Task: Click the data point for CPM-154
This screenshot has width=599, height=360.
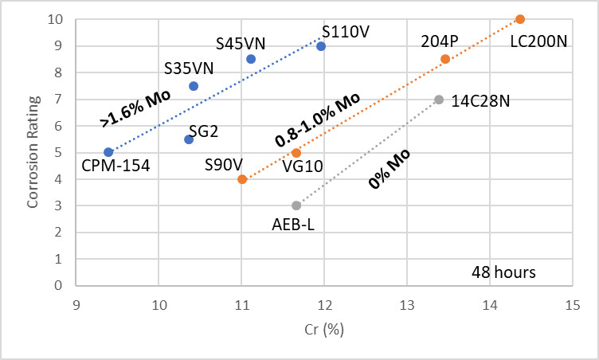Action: click(108, 152)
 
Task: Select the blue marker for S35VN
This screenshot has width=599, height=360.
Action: click(194, 86)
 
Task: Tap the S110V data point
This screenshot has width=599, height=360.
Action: click(321, 46)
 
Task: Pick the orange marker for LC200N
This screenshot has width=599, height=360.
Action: click(520, 19)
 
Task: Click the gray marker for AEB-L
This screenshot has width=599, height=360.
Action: click(296, 205)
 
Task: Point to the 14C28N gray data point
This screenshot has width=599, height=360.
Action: click(439, 100)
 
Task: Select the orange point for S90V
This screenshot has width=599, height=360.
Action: click(242, 179)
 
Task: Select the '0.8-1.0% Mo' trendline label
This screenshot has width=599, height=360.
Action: click(318, 119)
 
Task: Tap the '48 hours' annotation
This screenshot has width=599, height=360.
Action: click(502, 272)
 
